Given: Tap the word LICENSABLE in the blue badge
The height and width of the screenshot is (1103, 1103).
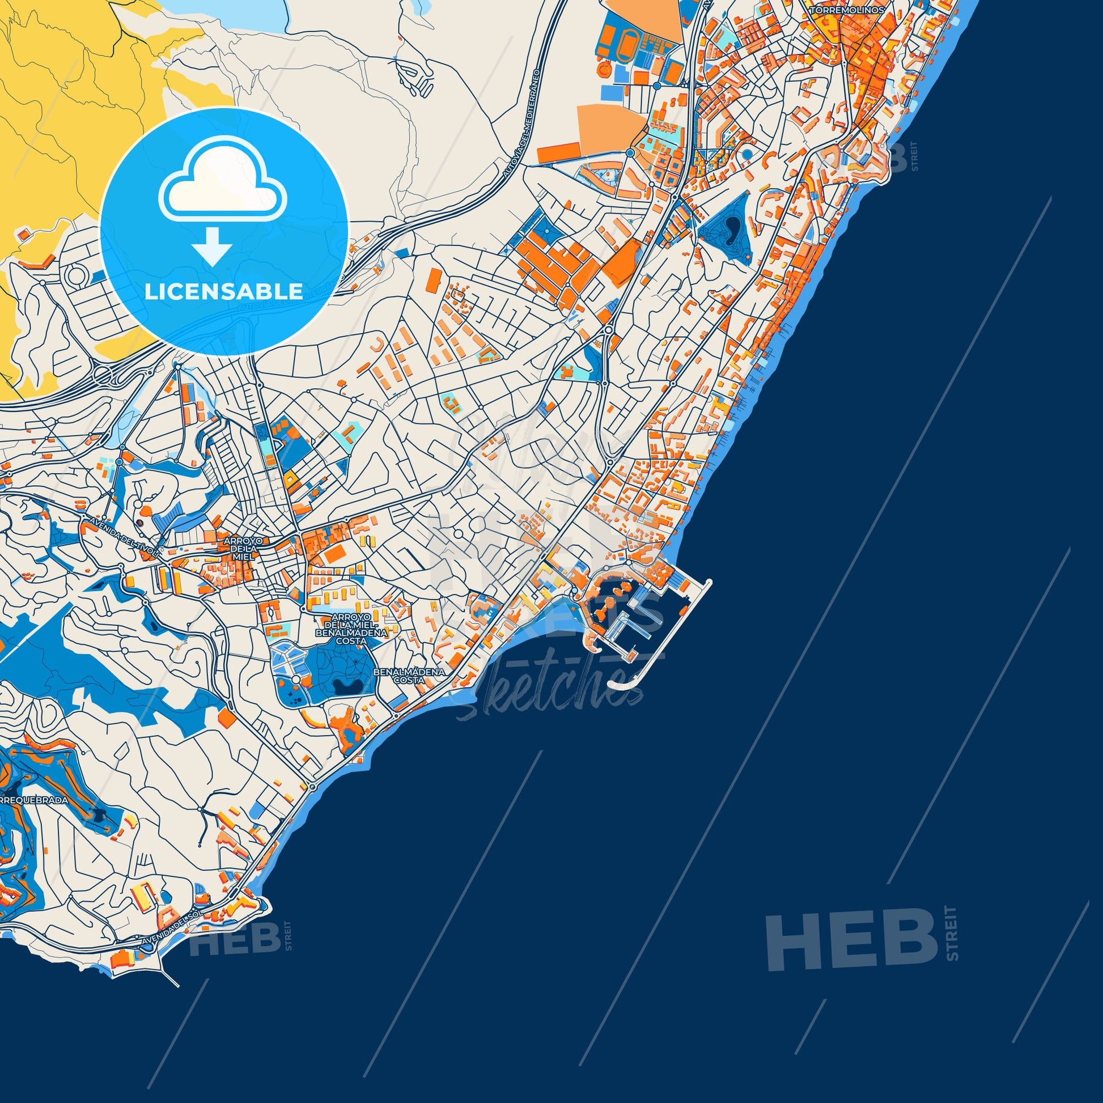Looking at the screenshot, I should tap(223, 291).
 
